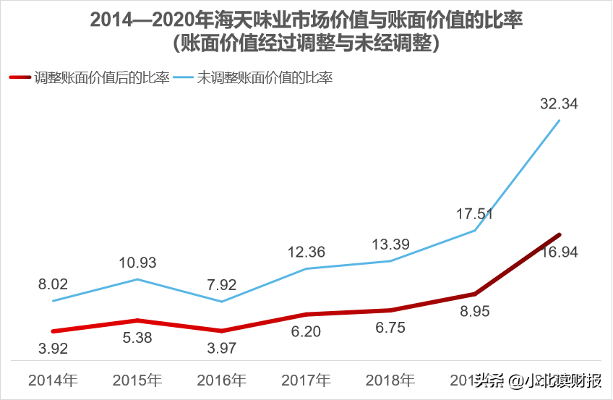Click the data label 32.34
pyautogui.click(x=559, y=104)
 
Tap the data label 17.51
pyautogui.click(x=475, y=214)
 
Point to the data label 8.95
pyautogui.click(x=475, y=310)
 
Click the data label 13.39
pyautogui.click(x=390, y=244)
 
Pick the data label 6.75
pyautogui.click(x=390, y=327)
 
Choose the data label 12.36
pyautogui.click(x=306, y=252)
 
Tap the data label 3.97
pyautogui.click(x=222, y=348)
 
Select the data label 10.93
pyautogui.click(x=137, y=263)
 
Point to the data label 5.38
pyautogui.click(x=137, y=337)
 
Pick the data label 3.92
pyautogui.click(x=53, y=348)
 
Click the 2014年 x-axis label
pyautogui.click(x=53, y=380)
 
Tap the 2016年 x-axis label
pyautogui.click(x=222, y=380)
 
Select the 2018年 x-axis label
pyautogui.click(x=390, y=380)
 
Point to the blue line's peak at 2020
pyautogui.click(x=559, y=120)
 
